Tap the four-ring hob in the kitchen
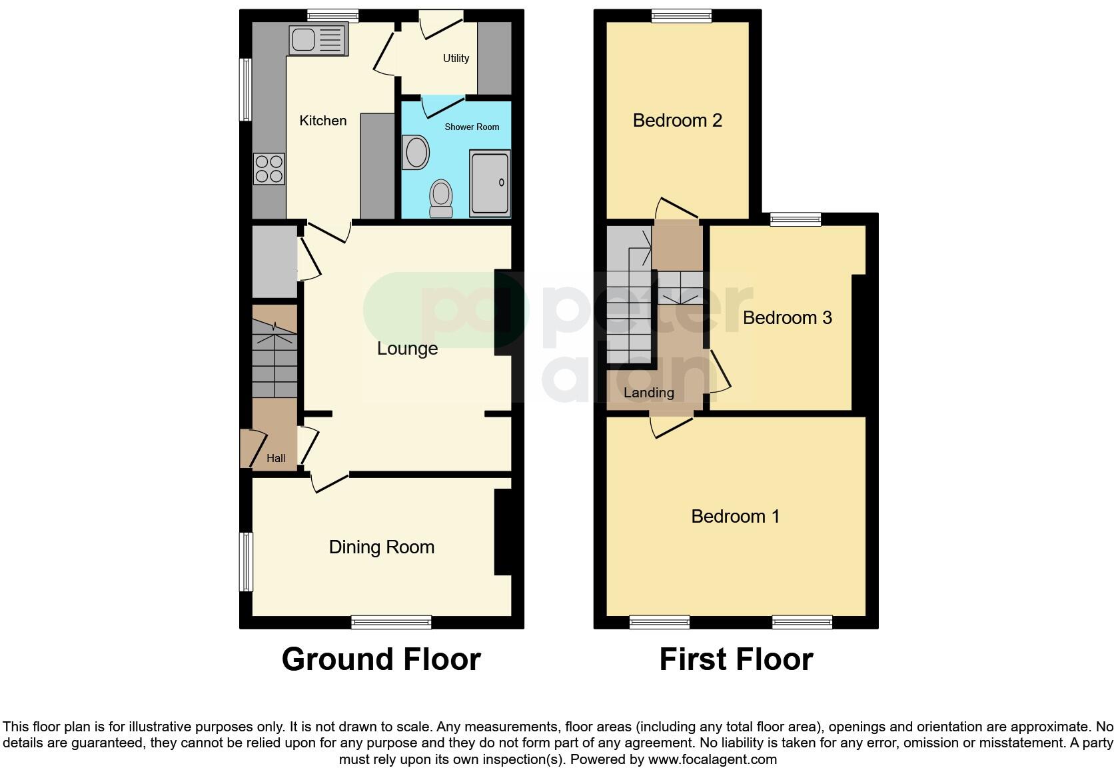click(x=269, y=169)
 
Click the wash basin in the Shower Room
click(x=416, y=152)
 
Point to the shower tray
click(x=490, y=183)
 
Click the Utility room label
click(x=456, y=58)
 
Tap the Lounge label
click(x=407, y=349)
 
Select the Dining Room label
click(x=381, y=547)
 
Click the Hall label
click(x=276, y=458)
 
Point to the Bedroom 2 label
click(x=677, y=121)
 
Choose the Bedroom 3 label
click(x=787, y=318)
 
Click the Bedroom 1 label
click(x=735, y=517)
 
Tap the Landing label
click(x=648, y=393)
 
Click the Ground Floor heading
click(x=380, y=659)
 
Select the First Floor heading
click(x=736, y=659)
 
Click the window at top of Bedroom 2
click(x=681, y=16)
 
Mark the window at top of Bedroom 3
click(x=796, y=219)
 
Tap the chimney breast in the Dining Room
click(x=502, y=531)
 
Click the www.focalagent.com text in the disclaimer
click(x=712, y=759)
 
